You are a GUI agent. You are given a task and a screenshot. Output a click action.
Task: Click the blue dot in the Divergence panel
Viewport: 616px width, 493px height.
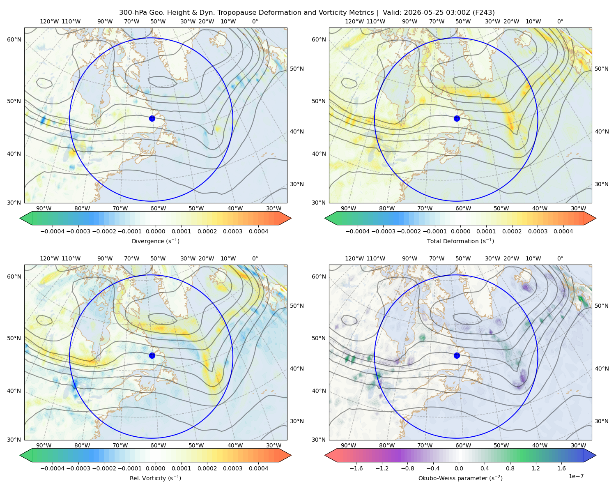[152, 118]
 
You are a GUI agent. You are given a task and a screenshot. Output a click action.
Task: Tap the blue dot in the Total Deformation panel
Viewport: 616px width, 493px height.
[457, 118]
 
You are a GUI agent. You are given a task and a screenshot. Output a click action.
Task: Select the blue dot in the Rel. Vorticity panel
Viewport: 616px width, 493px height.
[152, 355]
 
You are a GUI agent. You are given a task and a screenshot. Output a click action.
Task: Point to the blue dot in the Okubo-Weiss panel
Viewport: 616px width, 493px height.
[457, 355]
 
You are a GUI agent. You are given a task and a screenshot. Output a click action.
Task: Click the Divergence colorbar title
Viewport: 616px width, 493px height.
[155, 241]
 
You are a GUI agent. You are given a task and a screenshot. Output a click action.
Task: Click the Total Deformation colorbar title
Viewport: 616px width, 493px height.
[460, 241]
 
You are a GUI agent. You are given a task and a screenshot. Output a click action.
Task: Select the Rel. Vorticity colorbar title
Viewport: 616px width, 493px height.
[155, 478]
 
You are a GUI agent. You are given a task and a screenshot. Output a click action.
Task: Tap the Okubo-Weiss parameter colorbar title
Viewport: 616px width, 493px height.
[460, 478]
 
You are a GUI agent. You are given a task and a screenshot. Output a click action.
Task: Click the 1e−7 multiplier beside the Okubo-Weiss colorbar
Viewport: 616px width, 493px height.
[576, 476]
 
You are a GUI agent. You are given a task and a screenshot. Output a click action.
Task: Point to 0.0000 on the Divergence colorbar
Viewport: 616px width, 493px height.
[155, 231]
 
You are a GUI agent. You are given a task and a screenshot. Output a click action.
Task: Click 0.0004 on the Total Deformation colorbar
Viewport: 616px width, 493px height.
[563, 231]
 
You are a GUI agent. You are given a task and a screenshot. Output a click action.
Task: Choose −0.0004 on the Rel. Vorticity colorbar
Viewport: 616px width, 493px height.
[53, 468]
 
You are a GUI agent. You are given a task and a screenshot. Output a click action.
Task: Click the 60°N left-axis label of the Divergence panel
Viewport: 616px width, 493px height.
[14, 39]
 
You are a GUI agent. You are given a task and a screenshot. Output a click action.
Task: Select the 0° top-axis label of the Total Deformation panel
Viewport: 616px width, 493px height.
[560, 21]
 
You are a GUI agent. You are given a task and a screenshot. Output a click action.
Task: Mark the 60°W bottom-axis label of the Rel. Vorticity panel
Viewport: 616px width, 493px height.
[158, 445]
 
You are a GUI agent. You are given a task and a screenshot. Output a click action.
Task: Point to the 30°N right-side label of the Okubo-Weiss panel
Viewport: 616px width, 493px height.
[602, 421]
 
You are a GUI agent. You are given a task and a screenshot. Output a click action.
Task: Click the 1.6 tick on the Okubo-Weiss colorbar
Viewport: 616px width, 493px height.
[561, 468]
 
